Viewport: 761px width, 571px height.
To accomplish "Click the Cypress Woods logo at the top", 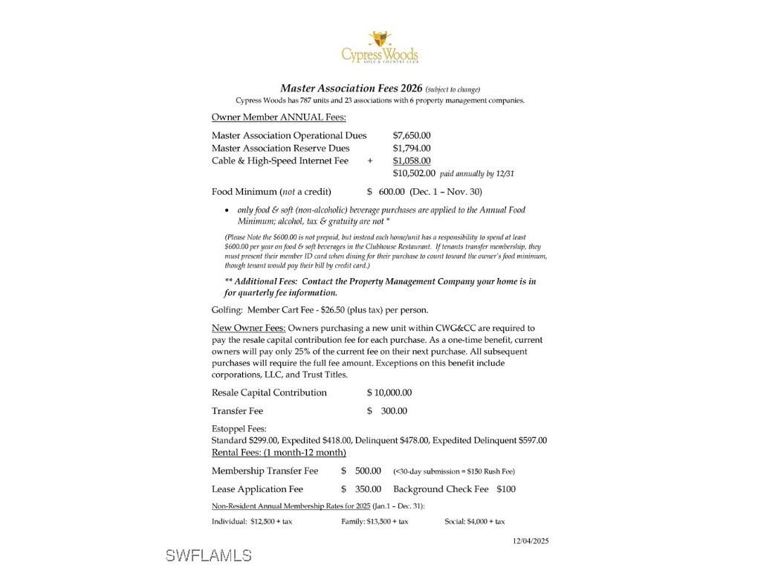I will click(x=380, y=48).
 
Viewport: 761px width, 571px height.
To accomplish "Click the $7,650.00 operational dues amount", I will click(x=411, y=135).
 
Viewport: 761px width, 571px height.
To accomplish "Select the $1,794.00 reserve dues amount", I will click(x=411, y=148).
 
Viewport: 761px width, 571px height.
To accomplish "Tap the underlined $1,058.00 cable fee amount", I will click(x=411, y=161).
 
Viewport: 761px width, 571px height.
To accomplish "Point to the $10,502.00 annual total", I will click(x=414, y=173).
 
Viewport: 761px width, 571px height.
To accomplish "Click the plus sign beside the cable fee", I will click(x=370, y=161).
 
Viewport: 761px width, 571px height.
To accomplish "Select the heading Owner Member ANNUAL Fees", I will click(x=279, y=117).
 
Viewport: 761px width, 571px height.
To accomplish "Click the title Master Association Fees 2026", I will click(x=351, y=88).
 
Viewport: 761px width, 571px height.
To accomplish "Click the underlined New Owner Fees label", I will click(x=248, y=328).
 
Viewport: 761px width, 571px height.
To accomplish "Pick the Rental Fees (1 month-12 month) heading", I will click(x=279, y=453).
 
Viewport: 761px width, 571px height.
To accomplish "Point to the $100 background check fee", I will click(x=506, y=489).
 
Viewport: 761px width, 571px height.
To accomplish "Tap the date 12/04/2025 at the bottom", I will click(x=531, y=541).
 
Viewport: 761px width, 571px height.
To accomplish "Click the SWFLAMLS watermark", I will click(x=209, y=555).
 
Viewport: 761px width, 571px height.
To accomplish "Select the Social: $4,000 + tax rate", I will click(x=474, y=522).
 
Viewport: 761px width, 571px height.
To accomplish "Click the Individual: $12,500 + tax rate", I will click(x=252, y=522).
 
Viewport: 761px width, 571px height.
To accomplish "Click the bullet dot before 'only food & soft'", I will click(x=227, y=210).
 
